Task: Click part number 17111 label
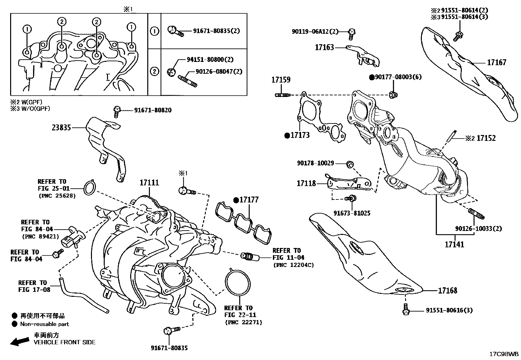coord(149,183)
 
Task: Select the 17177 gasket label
coord(249,200)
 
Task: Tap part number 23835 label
coord(61,127)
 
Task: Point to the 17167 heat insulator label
coord(496,62)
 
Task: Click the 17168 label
coord(447,290)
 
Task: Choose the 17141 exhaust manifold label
coord(454,244)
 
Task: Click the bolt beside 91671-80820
coord(117,111)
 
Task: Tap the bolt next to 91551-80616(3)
coord(405,310)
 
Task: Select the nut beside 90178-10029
coord(350,163)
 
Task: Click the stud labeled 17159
coord(282,95)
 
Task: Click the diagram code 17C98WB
coord(504,354)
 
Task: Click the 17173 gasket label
coord(300,135)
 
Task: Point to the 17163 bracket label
coord(324,47)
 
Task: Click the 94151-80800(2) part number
coord(210,60)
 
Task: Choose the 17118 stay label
coord(306,183)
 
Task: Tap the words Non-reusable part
coord(45,324)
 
